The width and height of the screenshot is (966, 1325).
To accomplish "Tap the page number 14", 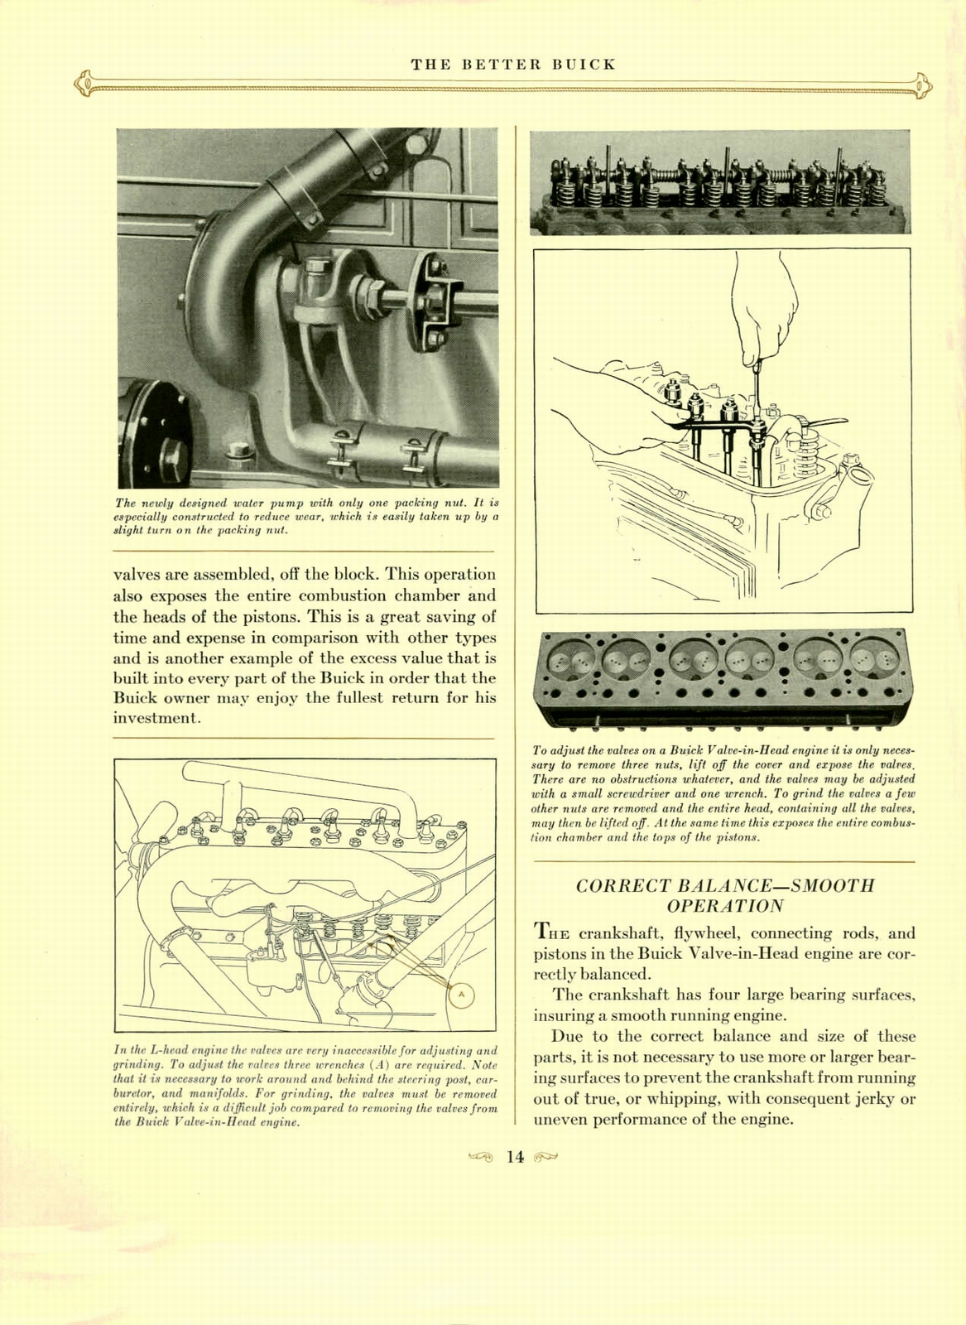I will coord(515,1157).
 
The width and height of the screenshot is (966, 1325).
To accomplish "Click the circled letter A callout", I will coord(462,994).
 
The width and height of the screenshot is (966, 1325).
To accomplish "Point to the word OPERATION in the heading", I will coord(725,906).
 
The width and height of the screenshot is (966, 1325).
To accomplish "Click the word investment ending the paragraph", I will coord(156,718).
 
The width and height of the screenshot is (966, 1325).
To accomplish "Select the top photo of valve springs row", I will coord(719,182).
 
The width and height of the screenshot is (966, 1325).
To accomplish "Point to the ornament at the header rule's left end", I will coord(83,84).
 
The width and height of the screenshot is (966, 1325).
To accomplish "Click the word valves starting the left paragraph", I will coord(136,575).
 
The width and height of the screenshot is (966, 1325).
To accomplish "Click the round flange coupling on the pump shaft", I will coord(433,301).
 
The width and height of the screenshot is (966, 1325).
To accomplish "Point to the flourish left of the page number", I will coord(480,1157).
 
